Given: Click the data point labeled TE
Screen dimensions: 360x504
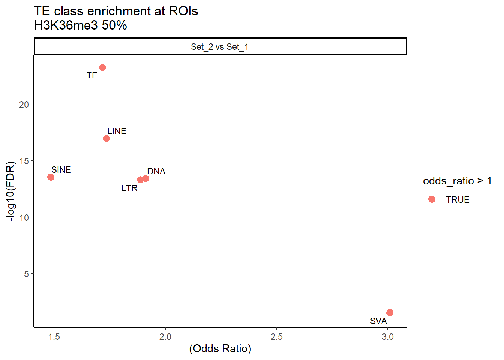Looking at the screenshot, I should pyautogui.click(x=102, y=67).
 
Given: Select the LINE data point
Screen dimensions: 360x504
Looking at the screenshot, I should pyautogui.click(x=106, y=139).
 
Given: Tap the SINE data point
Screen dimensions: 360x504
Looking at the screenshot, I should pyautogui.click(x=51, y=177).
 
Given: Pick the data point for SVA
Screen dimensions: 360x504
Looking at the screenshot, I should pyautogui.click(x=390, y=312).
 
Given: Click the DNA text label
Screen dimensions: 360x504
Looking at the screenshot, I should pyautogui.click(x=156, y=171).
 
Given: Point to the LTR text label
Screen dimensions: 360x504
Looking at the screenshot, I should pyautogui.click(x=129, y=188).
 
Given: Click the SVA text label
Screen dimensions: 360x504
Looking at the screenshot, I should pyautogui.click(x=378, y=321).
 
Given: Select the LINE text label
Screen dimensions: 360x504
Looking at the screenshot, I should pyautogui.click(x=117, y=131).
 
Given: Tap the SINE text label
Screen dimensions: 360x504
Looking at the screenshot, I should pyautogui.click(x=61, y=170).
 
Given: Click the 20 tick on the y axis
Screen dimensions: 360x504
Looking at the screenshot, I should pyautogui.click(x=24, y=105).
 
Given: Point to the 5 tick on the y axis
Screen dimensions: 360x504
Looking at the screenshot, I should pyautogui.click(x=27, y=274).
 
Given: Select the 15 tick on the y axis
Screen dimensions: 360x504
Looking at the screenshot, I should pyautogui.click(x=24, y=161).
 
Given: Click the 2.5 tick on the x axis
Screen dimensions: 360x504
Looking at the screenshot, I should pyautogui.click(x=276, y=337).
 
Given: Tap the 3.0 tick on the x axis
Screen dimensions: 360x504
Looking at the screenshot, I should pyautogui.click(x=388, y=337).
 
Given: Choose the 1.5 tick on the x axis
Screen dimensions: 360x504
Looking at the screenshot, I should pyautogui.click(x=54, y=337).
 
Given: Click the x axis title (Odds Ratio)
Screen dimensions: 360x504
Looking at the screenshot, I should pyautogui.click(x=220, y=348).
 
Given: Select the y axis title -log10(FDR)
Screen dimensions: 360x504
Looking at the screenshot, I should pyautogui.click(x=11, y=191).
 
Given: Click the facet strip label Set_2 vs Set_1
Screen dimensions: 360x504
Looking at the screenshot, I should pyautogui.click(x=220, y=47).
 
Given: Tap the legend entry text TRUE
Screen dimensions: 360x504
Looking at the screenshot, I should pyautogui.click(x=457, y=200).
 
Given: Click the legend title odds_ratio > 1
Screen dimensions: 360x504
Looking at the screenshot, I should pyautogui.click(x=457, y=181).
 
